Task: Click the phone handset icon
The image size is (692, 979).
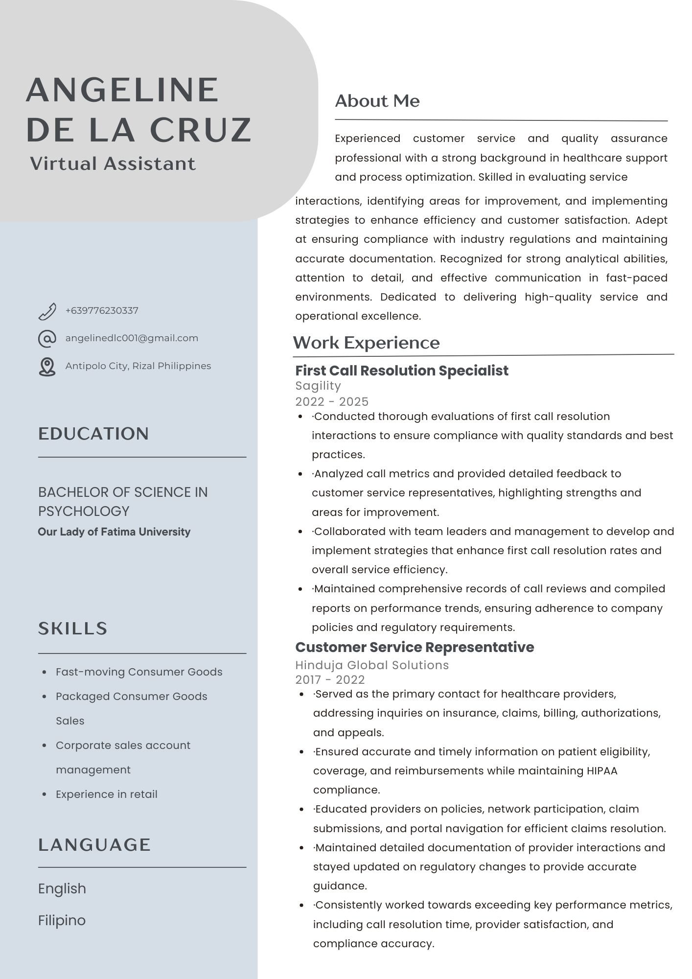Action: [47, 311]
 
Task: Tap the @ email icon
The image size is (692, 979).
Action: [47, 338]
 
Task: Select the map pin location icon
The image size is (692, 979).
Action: [47, 367]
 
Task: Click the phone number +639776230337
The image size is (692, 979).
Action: [102, 311]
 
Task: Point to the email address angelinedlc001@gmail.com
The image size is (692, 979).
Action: [132, 338]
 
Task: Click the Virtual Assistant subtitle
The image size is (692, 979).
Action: [113, 163]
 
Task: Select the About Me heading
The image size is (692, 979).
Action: [377, 101]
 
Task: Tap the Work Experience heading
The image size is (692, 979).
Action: [366, 343]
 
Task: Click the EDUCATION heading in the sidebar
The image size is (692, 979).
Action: [93, 434]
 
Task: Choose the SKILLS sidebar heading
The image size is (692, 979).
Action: [73, 629]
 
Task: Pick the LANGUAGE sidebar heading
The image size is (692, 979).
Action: [94, 845]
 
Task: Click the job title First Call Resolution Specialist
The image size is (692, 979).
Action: [402, 371]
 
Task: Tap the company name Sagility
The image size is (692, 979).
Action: [318, 386]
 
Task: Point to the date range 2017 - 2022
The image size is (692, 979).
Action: [330, 679]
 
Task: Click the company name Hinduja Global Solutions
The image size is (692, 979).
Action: [372, 665]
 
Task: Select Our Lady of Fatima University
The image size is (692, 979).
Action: [114, 532]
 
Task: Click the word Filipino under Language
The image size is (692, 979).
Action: [62, 920]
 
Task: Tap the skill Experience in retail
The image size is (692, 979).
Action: [107, 794]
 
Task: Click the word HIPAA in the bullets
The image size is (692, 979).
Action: [601, 770]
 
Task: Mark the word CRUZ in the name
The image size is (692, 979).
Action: [201, 130]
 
